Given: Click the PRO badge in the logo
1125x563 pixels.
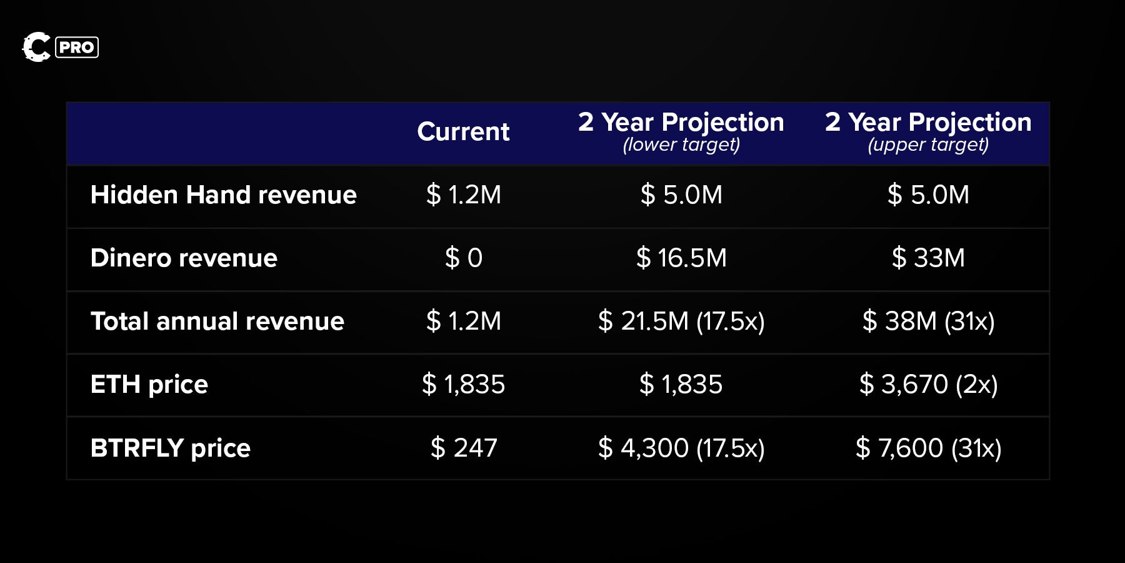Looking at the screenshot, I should [x=77, y=48].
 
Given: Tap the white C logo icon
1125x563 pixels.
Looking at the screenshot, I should [x=36, y=47].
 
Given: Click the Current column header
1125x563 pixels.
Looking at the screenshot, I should [x=463, y=132].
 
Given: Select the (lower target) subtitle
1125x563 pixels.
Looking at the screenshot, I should [x=681, y=145].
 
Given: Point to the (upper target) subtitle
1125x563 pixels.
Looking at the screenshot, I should [x=928, y=145].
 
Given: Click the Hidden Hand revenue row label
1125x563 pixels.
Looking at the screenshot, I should [x=223, y=195].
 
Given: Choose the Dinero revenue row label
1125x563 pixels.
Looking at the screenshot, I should [x=184, y=258].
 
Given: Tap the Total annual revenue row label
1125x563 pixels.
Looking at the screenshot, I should [x=217, y=322].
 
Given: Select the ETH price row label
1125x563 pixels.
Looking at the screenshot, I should [x=149, y=385].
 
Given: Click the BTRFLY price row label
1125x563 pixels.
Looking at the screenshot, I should [x=171, y=449].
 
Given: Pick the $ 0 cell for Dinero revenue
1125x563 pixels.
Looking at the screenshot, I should [x=463, y=258].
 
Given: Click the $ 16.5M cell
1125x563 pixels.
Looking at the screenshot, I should [x=681, y=258].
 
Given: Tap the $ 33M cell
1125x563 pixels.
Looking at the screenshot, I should [x=928, y=258].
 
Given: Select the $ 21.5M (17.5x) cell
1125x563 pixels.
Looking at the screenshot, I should [x=681, y=322].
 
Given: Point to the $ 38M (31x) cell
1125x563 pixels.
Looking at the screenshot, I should [x=928, y=322].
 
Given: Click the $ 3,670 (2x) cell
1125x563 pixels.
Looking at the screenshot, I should [x=928, y=385].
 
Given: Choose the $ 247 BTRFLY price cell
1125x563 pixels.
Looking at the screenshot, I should [x=463, y=449].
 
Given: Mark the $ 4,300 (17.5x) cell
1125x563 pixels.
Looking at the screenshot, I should [x=681, y=449].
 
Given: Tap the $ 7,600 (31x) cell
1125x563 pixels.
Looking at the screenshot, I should [x=928, y=449].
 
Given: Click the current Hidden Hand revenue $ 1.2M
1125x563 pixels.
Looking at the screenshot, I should [x=463, y=195].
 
